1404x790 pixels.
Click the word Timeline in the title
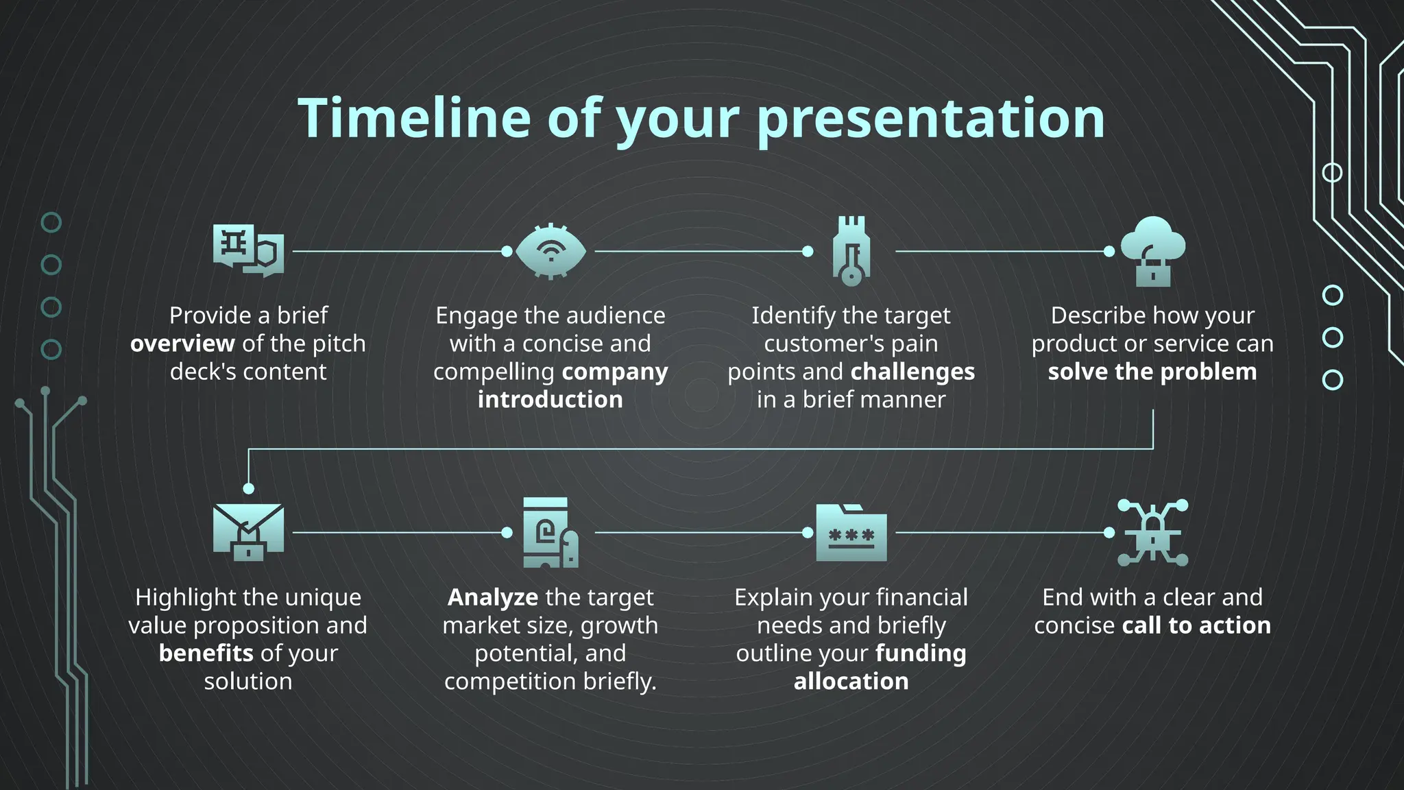(414, 118)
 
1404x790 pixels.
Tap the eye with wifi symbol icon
(550, 252)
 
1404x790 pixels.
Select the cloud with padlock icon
(1152, 252)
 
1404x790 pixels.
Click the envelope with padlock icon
(248, 532)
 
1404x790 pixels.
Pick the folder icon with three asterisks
(851, 533)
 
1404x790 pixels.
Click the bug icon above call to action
(1152, 532)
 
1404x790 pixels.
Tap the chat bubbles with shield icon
(248, 250)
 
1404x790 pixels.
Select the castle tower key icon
(851, 251)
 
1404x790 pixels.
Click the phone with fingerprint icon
(550, 533)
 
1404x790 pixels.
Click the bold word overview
(182, 344)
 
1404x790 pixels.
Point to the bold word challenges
(912, 372)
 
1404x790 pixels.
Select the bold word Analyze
(492, 597)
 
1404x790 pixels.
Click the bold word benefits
(206, 654)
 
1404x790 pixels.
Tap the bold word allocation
(851, 682)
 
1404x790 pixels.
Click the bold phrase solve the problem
(1152, 372)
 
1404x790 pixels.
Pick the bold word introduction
(550, 400)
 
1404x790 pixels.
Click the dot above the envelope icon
(248, 488)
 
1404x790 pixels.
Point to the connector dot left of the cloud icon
(1109, 252)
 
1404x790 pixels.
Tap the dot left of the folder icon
(808, 533)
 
